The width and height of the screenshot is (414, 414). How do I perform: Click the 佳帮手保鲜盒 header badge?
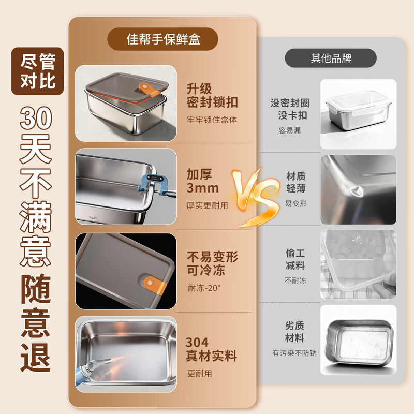pyautogui.click(x=162, y=39)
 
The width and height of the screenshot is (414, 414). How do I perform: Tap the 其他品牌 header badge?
pyautogui.click(x=331, y=58)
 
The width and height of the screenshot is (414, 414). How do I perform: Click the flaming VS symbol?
pyautogui.click(x=256, y=196)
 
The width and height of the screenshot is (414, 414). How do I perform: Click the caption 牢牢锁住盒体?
pyautogui.click(x=212, y=120)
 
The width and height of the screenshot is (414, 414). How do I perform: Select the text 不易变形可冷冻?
pyautogui.click(x=212, y=263)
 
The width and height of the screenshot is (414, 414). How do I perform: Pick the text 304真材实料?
pyautogui.click(x=211, y=349)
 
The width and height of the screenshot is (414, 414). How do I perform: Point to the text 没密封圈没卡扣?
pyautogui.click(x=289, y=109)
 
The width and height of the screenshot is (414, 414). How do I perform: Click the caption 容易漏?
pyautogui.click(x=289, y=130)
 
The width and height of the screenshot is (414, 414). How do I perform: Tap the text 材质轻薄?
pyautogui.click(x=297, y=182)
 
